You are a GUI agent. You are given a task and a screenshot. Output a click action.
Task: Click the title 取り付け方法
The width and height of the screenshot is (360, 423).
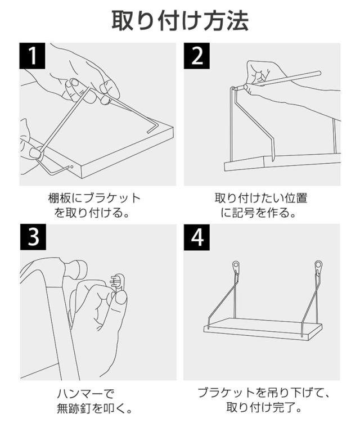(180, 21)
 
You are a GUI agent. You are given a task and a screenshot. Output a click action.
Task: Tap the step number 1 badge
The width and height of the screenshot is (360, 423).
(33, 56)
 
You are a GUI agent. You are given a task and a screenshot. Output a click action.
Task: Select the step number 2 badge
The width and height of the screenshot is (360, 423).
(197, 56)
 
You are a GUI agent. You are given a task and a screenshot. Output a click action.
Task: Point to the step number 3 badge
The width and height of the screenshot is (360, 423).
(33, 237)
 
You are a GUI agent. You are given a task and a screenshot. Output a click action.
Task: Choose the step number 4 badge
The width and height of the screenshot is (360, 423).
(197, 237)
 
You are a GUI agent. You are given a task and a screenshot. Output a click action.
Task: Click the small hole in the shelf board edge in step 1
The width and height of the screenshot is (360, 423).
(72, 166)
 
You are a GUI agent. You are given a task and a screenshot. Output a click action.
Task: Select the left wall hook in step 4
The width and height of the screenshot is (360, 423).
(236, 268)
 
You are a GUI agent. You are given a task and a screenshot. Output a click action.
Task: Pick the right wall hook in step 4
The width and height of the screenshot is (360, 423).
(318, 268)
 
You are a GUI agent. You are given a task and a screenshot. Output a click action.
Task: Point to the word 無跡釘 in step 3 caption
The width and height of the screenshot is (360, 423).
(74, 409)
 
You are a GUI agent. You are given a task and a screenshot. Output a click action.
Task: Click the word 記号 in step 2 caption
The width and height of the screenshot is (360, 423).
(244, 213)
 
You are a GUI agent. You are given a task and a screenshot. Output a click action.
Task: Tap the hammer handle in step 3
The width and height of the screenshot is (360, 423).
(62, 332)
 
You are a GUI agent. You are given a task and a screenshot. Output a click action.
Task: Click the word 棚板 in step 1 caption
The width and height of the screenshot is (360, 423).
(60, 199)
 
